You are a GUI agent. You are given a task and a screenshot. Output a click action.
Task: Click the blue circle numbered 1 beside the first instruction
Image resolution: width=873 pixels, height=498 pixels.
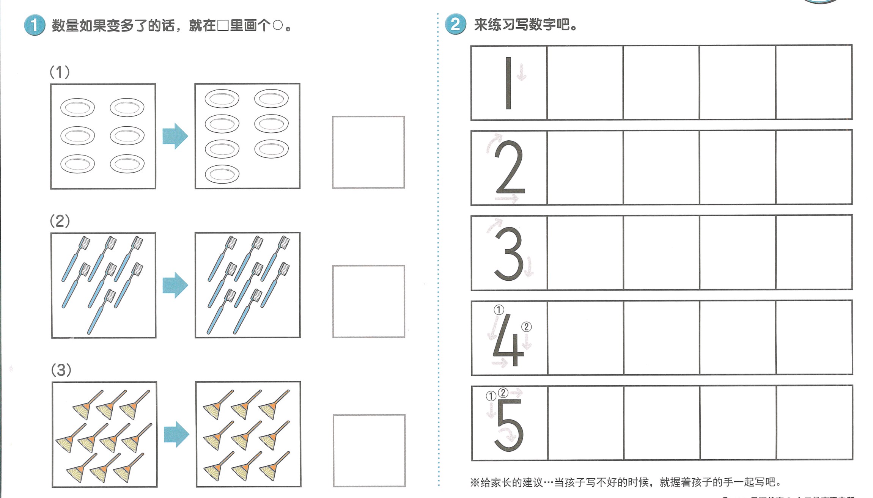point(35,25)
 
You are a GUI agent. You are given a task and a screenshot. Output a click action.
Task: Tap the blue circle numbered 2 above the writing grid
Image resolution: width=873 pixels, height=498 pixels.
point(455,25)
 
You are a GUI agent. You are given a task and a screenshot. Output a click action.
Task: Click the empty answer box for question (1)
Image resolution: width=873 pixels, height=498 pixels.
point(368,152)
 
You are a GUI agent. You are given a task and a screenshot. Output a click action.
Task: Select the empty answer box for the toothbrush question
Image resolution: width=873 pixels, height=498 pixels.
point(369,301)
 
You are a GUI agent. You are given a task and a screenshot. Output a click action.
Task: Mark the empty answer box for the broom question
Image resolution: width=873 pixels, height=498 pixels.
point(369,450)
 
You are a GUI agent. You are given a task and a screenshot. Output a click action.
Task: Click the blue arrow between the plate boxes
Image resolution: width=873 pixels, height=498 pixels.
point(175,136)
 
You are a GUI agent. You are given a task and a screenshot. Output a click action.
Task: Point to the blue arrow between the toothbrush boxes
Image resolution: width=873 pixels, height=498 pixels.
point(175,285)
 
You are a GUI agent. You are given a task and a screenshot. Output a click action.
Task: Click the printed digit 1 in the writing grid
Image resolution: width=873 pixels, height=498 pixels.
point(508,83)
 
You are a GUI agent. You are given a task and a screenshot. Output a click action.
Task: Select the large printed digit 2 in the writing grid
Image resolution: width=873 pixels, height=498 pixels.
point(510,167)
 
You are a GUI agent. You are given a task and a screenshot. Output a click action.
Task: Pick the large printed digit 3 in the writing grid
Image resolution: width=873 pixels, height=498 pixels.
point(509,253)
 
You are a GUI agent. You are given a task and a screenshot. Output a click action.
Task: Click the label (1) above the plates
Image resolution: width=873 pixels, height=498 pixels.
point(60,72)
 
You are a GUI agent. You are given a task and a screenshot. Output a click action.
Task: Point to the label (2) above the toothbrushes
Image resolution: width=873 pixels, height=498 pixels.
point(60,221)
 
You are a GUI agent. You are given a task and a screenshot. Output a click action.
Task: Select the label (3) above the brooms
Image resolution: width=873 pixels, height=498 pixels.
point(61,370)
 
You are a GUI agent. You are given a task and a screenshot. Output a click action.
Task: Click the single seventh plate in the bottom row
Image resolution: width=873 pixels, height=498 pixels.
point(222,174)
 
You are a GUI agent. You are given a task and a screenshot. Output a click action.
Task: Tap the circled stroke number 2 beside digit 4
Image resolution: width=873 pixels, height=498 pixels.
point(526,327)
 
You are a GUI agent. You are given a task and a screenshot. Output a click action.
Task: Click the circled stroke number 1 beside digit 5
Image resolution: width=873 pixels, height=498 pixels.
point(491,396)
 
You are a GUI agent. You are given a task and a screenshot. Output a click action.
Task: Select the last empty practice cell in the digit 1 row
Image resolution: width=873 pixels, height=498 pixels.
point(814,82)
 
